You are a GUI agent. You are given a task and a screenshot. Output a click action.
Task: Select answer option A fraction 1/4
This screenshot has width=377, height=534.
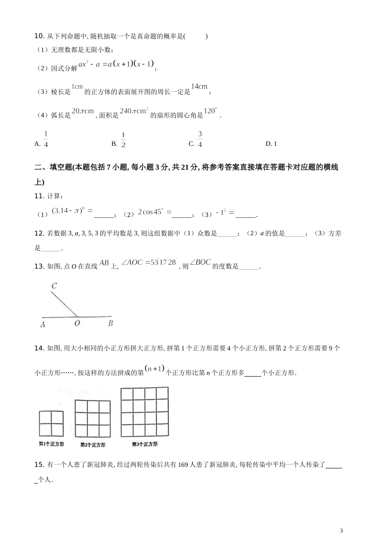[x=46, y=139]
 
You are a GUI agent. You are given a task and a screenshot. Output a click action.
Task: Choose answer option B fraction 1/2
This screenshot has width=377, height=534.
[x=123, y=140]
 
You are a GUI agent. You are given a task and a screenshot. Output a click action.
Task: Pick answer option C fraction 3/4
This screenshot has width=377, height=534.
[x=200, y=139]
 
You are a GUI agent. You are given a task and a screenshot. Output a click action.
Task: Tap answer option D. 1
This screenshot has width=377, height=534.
[x=271, y=144]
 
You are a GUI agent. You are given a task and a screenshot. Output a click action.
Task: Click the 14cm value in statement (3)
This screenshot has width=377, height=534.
[x=199, y=87]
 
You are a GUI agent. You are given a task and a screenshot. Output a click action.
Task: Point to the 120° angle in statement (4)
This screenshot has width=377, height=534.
[x=211, y=111]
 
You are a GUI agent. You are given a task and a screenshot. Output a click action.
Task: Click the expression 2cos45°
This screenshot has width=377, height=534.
[x=150, y=212]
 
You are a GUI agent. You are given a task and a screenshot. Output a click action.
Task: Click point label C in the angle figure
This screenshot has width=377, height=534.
[x=54, y=286]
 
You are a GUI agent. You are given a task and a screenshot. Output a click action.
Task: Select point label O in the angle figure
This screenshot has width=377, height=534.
[x=77, y=323]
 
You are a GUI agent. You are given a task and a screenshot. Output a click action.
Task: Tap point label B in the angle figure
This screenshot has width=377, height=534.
[x=110, y=323]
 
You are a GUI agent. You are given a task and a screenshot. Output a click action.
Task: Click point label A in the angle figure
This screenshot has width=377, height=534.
[x=42, y=325]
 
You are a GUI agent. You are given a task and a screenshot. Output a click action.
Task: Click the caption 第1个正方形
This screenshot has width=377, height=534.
[x=51, y=444]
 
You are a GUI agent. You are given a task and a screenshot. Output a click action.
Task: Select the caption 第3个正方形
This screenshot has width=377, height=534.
[x=144, y=444]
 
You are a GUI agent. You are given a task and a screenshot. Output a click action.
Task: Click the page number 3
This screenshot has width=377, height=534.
[x=341, y=530]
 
